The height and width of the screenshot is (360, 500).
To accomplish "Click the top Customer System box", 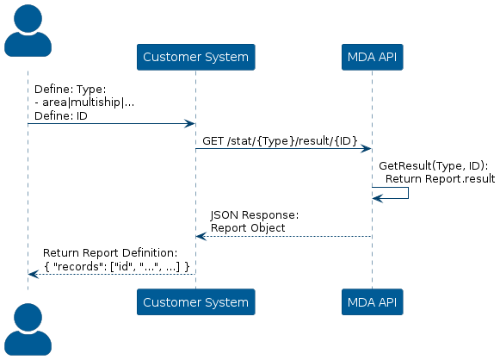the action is [196, 57].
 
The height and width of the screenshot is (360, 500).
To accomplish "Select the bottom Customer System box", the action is [196, 302].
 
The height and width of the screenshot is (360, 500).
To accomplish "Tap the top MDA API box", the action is [372, 57].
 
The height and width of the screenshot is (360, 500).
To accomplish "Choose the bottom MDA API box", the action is [372, 302].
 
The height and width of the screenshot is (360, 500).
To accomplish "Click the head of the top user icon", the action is [28, 18].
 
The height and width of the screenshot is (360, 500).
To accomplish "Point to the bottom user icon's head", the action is [28, 317].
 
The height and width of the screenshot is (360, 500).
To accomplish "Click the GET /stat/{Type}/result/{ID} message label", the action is [280, 140].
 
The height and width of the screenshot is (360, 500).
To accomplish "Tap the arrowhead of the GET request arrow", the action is [366, 149].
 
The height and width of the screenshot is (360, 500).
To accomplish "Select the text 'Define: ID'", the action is [61, 116].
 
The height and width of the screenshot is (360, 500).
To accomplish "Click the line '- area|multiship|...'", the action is [84, 102].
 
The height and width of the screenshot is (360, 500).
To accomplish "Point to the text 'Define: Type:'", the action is [71, 89].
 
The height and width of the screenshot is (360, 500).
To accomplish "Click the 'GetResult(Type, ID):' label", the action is [434, 166].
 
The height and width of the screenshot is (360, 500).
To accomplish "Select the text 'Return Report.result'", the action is [440, 179].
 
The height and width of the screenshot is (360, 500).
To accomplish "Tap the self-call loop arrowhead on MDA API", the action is [378, 198].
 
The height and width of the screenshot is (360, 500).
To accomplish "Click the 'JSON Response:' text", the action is [255, 215].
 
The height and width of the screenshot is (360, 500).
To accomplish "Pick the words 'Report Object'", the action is [248, 228].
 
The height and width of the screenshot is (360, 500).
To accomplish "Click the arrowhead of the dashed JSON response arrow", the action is [201, 237].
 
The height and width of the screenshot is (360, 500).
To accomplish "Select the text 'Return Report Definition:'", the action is [110, 253].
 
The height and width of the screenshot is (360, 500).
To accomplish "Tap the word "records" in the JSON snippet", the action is [77, 266].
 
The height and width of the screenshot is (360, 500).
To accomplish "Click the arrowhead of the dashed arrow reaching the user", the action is [34, 274].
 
